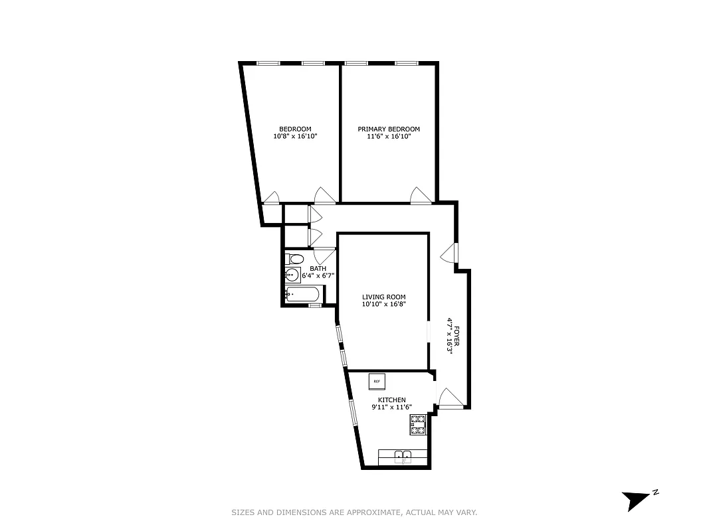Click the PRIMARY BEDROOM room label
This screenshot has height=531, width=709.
(x=389, y=129)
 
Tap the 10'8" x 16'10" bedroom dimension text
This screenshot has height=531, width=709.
(x=295, y=137)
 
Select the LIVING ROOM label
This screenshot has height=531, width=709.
(x=383, y=297)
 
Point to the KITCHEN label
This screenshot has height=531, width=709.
(x=391, y=400)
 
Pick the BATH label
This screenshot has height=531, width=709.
(x=318, y=269)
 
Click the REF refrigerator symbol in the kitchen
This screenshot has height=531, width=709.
(x=377, y=381)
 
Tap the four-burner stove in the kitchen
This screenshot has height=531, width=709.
(x=418, y=424)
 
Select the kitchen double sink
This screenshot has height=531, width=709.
(x=403, y=456)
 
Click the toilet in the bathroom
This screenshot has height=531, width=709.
(x=294, y=259)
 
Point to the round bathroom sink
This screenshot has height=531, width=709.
(x=292, y=275)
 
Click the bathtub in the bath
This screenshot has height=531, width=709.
(x=304, y=295)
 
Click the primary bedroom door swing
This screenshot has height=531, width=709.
(x=421, y=194)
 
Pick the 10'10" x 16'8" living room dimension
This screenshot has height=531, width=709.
(x=383, y=305)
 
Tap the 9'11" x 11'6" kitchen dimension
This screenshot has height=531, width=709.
(x=391, y=408)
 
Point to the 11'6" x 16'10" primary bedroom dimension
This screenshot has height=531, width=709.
(x=389, y=137)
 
